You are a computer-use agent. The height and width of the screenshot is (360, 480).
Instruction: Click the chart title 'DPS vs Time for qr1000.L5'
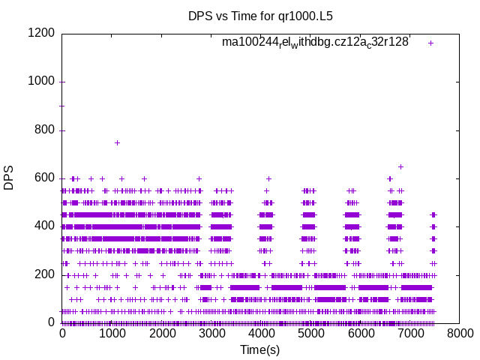click(260, 15)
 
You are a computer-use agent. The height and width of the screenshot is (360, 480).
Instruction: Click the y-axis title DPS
click(9, 178)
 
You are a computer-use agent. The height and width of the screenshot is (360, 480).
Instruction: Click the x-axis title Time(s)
click(260, 350)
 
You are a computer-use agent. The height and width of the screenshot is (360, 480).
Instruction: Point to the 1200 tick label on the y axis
click(41, 34)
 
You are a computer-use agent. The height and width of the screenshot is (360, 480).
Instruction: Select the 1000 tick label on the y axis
click(41, 82)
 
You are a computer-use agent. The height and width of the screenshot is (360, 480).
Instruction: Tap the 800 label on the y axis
click(44, 130)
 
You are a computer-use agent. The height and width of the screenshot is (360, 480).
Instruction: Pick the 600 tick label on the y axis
click(44, 178)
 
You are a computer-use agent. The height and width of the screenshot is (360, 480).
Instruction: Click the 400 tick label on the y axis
click(44, 226)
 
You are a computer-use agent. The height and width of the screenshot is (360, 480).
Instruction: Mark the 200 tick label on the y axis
click(44, 274)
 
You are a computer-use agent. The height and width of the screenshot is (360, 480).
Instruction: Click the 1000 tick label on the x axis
click(112, 334)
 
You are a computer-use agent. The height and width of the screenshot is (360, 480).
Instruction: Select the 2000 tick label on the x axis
click(161, 334)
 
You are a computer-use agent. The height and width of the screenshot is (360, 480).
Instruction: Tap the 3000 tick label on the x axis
click(211, 334)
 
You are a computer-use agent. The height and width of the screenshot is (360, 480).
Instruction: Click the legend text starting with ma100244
click(315, 43)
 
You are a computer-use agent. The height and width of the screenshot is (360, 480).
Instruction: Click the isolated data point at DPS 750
click(117, 142)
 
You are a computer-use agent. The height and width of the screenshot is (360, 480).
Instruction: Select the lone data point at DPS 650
click(400, 166)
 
